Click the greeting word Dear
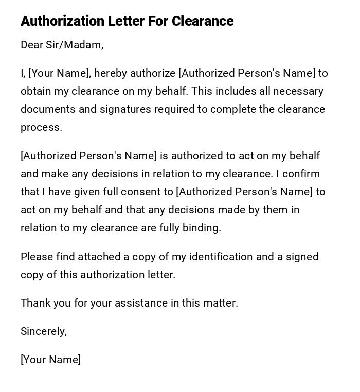click(x=32, y=45)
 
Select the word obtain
click(x=36, y=91)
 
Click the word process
click(x=41, y=128)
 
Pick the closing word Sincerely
click(x=44, y=331)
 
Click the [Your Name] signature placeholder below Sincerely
click(x=50, y=360)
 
